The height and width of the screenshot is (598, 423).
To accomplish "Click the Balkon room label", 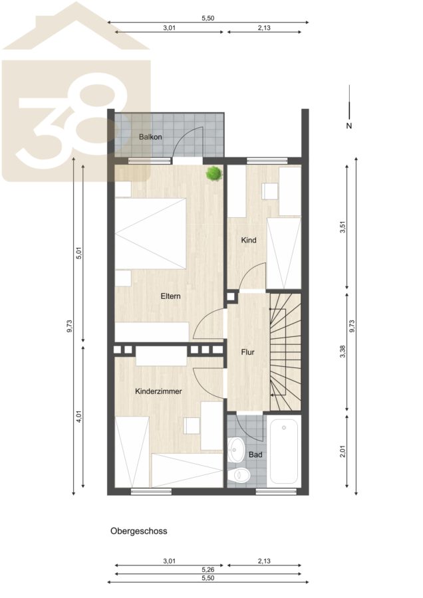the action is (x=150, y=137).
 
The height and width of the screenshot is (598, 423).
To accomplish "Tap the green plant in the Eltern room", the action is (x=214, y=173).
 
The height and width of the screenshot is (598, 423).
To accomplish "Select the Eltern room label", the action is (x=170, y=296).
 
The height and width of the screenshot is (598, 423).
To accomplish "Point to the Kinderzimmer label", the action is (x=158, y=391).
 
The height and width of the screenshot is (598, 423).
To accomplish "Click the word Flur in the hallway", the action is (x=248, y=352).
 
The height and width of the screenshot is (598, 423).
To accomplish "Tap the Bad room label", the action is (x=255, y=454).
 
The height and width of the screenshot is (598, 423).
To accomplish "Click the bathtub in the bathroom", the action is (x=283, y=452).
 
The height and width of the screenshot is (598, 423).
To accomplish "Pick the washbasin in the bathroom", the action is (x=237, y=449).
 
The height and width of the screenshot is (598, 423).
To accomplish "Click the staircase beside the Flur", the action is (x=285, y=351).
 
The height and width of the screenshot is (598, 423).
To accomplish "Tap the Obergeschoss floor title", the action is (x=138, y=531).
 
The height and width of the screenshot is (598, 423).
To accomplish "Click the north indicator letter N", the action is (x=349, y=126).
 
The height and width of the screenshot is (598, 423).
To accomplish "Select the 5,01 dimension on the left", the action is (x=79, y=253).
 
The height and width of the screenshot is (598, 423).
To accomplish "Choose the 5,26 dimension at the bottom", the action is (x=208, y=570).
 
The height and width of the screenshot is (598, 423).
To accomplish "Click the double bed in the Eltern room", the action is (x=150, y=233).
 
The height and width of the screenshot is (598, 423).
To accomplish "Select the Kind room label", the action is (x=249, y=241).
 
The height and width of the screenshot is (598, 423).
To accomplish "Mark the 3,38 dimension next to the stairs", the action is (x=343, y=351).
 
